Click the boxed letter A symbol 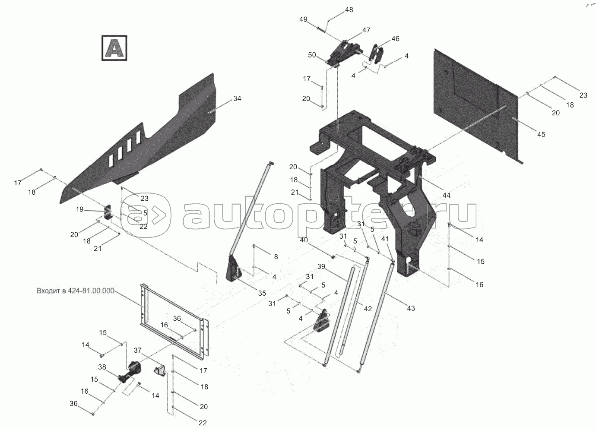(114, 48)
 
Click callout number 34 (237, 99)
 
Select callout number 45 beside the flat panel (541, 135)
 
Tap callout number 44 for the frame (446, 196)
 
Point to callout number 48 (349, 10)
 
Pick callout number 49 (303, 19)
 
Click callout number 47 (366, 30)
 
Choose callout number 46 (395, 39)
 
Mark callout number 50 (312, 55)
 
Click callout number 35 (262, 293)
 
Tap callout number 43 (411, 309)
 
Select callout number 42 (368, 309)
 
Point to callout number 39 (321, 266)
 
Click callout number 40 (304, 240)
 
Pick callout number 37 (138, 351)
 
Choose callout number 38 (102, 367)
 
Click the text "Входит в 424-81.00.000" (75, 291)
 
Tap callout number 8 (276, 256)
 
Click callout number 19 (80, 209)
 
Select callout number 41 (385, 239)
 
